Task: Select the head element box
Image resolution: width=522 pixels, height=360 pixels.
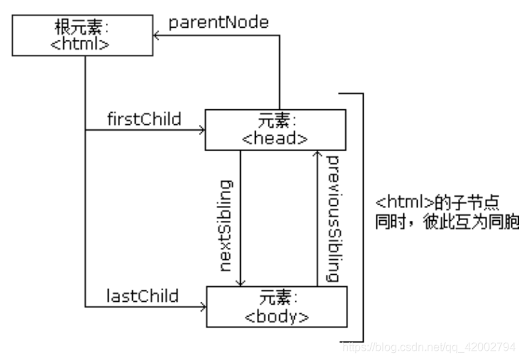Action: click(x=276, y=129)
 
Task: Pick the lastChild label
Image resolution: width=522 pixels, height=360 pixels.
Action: click(x=142, y=294)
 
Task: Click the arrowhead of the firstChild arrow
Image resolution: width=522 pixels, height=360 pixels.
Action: click(x=202, y=130)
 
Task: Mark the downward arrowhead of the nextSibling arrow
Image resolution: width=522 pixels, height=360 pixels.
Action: click(x=241, y=283)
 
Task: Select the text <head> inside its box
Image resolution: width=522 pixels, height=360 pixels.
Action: click(x=275, y=138)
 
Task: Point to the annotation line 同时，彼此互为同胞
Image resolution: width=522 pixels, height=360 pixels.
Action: click(x=447, y=222)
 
